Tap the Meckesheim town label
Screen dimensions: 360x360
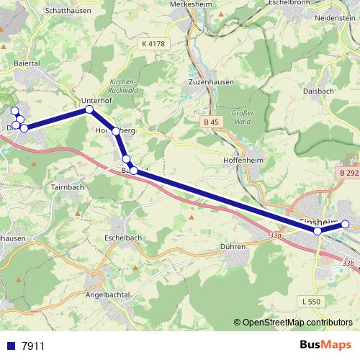(x=189, y=4)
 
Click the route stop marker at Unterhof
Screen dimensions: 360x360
(x=89, y=109)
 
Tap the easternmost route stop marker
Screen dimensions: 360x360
(x=345, y=224)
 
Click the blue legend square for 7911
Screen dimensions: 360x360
(x=11, y=346)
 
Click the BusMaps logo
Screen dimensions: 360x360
(x=325, y=345)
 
